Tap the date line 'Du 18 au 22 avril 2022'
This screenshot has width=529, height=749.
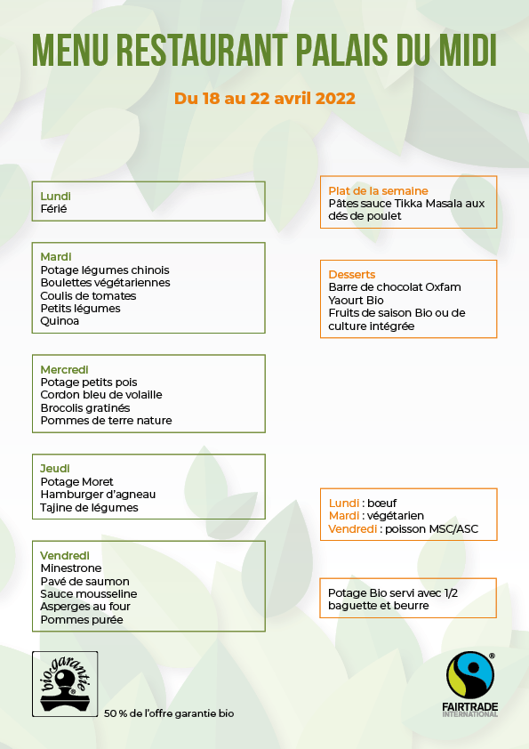coord(265,98)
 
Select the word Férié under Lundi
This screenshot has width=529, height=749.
coord(54,209)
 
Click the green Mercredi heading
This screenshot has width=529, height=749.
coord(64,369)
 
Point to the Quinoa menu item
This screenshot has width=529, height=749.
coord(60,321)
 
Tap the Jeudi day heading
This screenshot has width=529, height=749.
coord(55,469)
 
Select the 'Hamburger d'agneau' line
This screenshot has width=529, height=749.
coord(98,495)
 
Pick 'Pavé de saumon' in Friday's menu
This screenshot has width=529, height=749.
coord(85,582)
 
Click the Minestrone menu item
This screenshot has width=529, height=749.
coord(71,568)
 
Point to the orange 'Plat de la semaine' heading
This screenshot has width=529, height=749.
coord(378,191)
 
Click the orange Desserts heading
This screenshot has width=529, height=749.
coord(352,275)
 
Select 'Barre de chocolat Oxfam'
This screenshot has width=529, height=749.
coord(395,287)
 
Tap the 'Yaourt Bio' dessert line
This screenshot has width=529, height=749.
coord(357,301)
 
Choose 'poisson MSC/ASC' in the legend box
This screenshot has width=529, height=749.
coord(429,528)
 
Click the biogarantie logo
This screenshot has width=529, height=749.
coord(65,683)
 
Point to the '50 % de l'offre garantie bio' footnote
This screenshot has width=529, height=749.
coord(169,713)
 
